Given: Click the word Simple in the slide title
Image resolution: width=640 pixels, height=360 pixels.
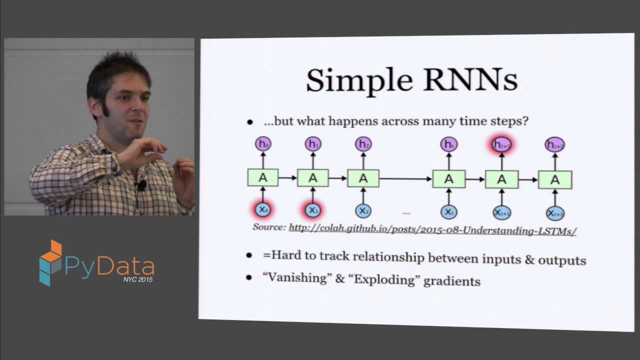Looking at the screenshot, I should [358, 80].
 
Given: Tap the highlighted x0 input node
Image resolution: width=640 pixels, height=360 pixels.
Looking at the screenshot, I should [262, 210].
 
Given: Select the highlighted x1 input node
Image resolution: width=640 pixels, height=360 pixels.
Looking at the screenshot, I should [312, 210].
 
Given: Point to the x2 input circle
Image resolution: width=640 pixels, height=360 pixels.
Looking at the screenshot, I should [363, 211].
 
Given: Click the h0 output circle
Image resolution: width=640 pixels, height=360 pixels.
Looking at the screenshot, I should [263, 144].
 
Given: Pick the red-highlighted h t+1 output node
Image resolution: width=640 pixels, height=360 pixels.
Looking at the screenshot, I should [501, 144].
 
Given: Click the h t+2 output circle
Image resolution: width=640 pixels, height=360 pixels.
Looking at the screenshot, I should [554, 145].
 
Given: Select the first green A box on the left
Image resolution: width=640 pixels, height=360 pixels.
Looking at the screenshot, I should [263, 177].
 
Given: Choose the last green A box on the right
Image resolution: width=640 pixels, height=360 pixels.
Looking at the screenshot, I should [555, 180].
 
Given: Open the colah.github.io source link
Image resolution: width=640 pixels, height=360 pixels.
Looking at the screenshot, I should [432, 229].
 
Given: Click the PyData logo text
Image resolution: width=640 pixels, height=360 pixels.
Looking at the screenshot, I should [109, 266].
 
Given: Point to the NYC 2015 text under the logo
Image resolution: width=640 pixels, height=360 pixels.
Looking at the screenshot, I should [138, 280].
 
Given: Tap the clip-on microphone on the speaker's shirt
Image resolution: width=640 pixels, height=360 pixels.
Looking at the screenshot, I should [142, 185].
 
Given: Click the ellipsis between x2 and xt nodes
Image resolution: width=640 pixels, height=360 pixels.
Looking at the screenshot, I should [406, 213].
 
